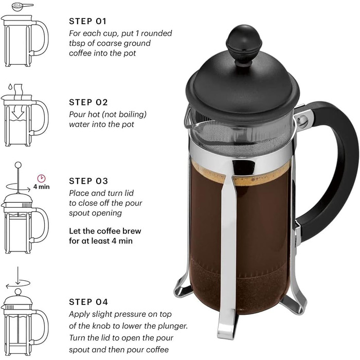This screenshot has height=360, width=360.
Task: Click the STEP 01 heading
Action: pos(87,22)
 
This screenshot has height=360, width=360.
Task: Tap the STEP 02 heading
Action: pos(88,102)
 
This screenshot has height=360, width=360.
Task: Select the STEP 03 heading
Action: pos(88,181)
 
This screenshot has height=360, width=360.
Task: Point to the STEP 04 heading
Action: pos(88,302)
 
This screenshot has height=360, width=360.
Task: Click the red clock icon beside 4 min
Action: pos(42,178)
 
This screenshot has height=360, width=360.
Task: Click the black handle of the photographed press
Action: pos(335,165)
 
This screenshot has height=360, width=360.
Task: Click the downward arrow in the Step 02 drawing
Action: pos(18,111)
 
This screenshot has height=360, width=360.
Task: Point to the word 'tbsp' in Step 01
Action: pos(78,43)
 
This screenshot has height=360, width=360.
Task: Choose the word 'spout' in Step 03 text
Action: pos(79,213)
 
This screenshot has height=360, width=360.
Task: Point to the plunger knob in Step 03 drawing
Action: pos(18,165)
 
